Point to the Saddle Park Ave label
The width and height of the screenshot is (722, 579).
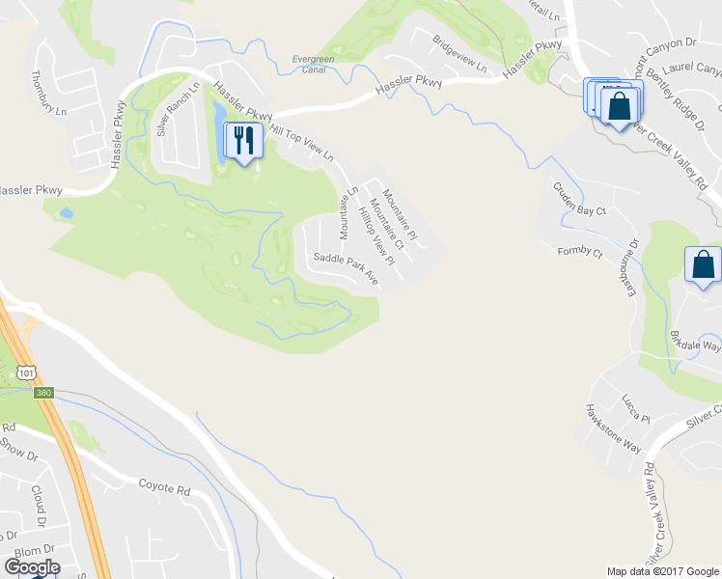pos(346,267)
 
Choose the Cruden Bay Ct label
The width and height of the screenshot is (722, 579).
pos(578,198)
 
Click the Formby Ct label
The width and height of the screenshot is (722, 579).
pos(579,253)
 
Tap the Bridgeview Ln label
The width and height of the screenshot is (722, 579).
pos(460,54)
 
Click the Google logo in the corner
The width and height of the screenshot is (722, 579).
pos(32,567)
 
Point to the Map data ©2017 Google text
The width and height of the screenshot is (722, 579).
pos(662,571)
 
